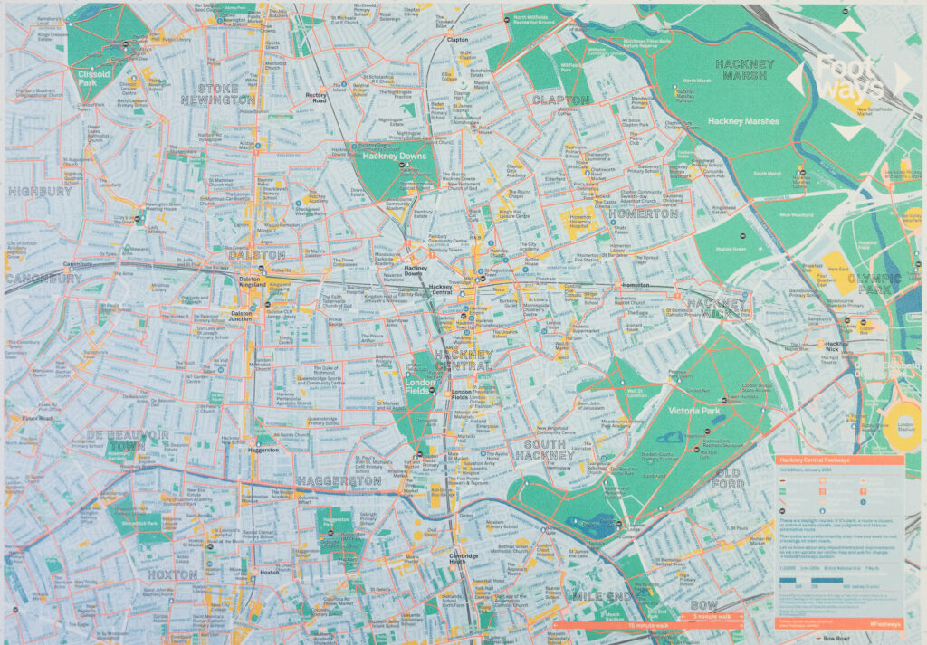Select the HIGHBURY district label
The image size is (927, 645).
40,192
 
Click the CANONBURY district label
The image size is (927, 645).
43,279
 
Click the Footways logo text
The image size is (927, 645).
847,78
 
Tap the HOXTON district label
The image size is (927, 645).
171,574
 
